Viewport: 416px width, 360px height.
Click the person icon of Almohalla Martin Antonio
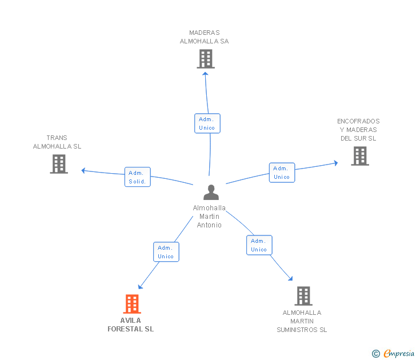point(211,193)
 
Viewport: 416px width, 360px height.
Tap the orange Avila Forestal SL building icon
point(132,304)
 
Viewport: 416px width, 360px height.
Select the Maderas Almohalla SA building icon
point(205,59)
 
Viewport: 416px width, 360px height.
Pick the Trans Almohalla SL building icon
point(59,164)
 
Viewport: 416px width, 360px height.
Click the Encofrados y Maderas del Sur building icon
point(359,155)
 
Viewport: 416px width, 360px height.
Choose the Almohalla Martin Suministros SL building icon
point(303,296)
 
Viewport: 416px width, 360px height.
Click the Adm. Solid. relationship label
point(137,177)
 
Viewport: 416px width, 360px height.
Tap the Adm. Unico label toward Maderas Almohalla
point(207,123)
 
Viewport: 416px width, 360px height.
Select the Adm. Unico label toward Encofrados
point(282,173)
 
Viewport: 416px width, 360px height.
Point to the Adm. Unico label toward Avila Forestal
point(166,252)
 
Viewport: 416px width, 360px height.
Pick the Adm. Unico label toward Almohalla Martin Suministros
point(259,245)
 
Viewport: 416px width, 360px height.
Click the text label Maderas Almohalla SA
point(204,37)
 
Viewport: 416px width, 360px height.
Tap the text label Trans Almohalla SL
point(57,142)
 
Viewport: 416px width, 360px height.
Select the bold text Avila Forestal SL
point(131,325)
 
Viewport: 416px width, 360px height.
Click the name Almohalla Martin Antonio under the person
point(209,216)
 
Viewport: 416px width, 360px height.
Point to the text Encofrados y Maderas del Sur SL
point(358,130)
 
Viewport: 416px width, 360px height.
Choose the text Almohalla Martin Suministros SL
point(302,321)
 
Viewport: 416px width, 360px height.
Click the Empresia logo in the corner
point(394,354)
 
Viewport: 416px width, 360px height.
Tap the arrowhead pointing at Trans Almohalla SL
point(83,170)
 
